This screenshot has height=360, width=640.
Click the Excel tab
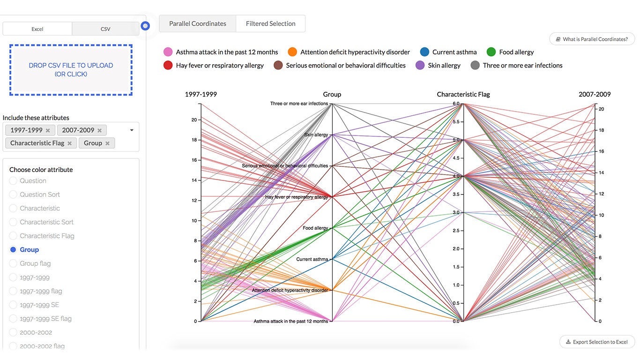(37, 29)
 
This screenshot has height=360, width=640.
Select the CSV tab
(105, 29)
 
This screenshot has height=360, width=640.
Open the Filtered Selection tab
(270, 23)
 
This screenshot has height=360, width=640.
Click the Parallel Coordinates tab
(198, 23)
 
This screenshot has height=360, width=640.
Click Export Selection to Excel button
(597, 342)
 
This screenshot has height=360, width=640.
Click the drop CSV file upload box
(71, 70)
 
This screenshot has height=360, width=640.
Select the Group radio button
(13, 250)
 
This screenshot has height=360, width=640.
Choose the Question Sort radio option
(13, 195)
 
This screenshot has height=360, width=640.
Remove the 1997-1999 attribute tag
(48, 130)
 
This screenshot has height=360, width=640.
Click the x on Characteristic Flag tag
(70, 143)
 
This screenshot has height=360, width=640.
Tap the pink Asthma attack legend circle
(168, 52)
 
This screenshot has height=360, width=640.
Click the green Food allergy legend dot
(491, 52)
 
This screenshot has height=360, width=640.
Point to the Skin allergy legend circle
(420, 66)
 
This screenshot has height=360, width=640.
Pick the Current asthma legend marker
(424, 52)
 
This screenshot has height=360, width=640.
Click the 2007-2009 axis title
(595, 94)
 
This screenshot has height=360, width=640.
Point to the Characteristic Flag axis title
(463, 94)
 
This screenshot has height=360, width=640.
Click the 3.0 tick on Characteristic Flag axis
(456, 212)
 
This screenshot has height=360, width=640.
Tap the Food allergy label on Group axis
(315, 228)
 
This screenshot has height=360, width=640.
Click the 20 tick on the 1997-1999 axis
(194, 120)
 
